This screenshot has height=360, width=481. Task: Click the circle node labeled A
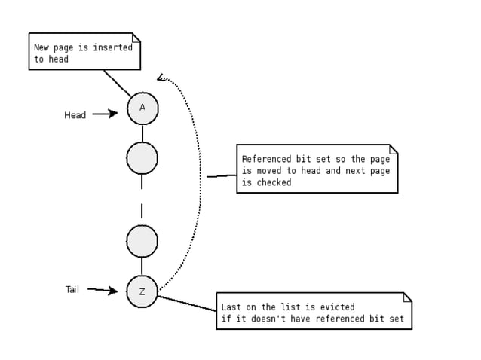(x=142, y=108)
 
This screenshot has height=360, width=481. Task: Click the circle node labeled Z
(x=142, y=291)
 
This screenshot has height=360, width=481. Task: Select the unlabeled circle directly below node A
(x=142, y=158)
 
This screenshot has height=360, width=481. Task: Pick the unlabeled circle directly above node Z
(x=142, y=241)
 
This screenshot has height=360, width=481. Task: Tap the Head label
(x=75, y=115)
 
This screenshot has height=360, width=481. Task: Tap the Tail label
(x=72, y=289)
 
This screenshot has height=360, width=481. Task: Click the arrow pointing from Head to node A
(x=106, y=114)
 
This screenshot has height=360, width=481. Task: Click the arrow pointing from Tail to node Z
(x=103, y=290)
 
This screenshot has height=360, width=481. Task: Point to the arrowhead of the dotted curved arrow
(x=161, y=77)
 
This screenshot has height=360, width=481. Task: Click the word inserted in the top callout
(x=113, y=47)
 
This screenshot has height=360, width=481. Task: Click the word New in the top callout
(x=41, y=47)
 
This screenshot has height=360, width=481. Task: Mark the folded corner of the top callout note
(x=136, y=37)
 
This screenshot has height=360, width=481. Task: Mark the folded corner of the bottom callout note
(x=408, y=297)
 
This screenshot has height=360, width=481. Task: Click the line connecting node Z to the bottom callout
(x=187, y=304)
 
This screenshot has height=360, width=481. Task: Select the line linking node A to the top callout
(x=116, y=82)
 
